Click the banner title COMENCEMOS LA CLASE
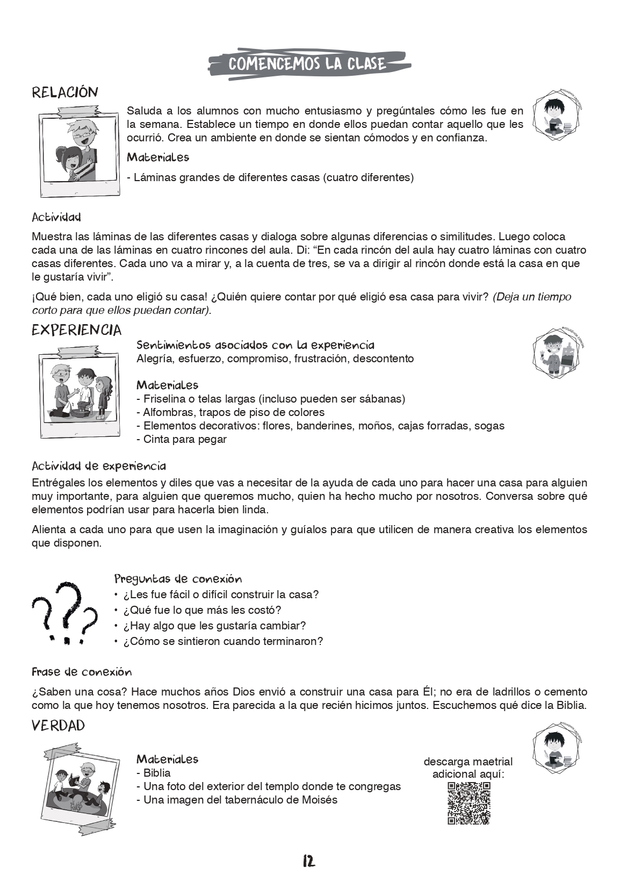click(x=307, y=64)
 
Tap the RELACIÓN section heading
click(x=65, y=92)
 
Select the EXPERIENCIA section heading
click(x=76, y=330)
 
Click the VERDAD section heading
click(x=58, y=726)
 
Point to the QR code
click(x=468, y=803)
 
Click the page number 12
click(x=308, y=861)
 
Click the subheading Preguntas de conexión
click(x=178, y=579)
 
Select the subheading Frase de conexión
click(x=82, y=672)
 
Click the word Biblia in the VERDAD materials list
click(x=157, y=773)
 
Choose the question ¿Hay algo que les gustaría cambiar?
click(x=214, y=626)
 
